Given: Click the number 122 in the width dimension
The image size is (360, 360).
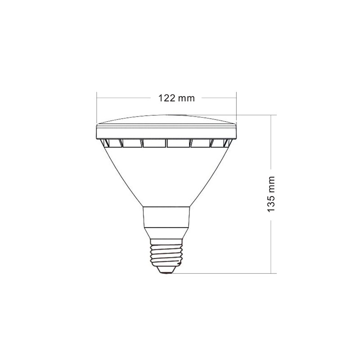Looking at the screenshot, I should point(166,98).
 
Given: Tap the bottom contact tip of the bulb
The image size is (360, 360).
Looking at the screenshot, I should point(167,271).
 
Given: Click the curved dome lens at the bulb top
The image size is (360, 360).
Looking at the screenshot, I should point(166,120).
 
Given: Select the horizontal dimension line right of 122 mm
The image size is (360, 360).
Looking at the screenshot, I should point(218,97).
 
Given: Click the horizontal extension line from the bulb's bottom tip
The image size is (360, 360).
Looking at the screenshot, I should point(225,273).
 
